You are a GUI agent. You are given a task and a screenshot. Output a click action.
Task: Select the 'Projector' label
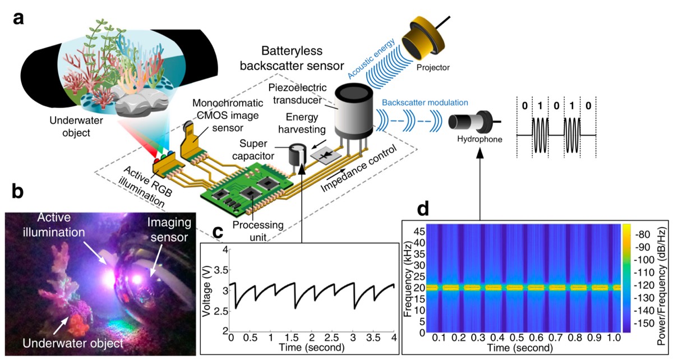432,67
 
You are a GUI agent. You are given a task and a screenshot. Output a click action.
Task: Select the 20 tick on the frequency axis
420,287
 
